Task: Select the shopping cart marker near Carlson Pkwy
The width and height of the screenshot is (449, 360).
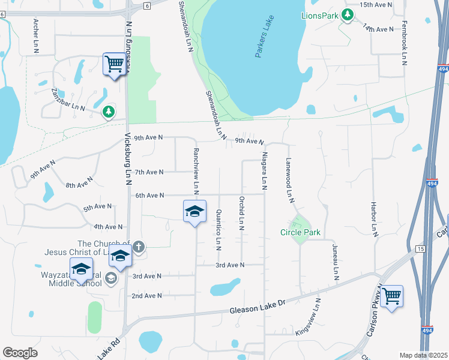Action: click(x=391, y=296)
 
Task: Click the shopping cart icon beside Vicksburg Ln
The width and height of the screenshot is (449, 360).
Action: click(x=114, y=63)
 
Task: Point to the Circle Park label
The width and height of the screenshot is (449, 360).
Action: click(x=300, y=232)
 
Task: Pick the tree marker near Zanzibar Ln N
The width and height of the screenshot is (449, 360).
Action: click(x=108, y=112)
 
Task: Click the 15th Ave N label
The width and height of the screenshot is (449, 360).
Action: click(x=376, y=5)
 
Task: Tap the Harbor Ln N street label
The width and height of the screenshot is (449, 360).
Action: click(x=373, y=217)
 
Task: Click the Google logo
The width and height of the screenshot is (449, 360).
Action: click(x=20, y=352)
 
